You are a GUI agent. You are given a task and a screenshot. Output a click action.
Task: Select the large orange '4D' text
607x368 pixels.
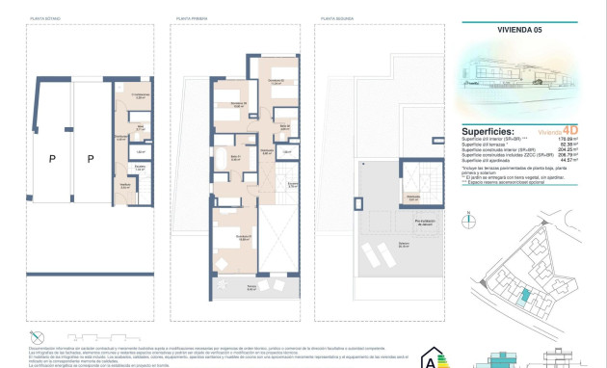point(572,132)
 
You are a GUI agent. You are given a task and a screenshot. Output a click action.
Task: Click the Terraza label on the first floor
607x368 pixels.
point(250,288)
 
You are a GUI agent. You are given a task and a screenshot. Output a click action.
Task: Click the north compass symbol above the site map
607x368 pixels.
point(468,219)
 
